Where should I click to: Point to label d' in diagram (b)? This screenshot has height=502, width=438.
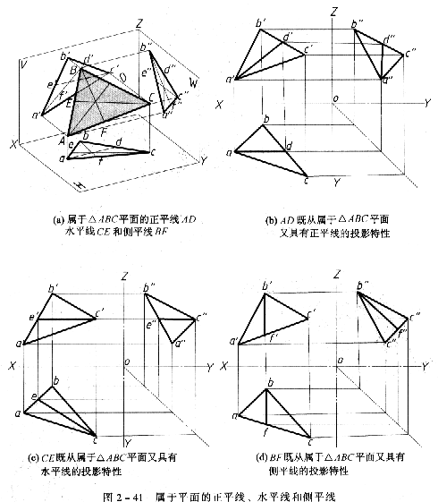[287, 37]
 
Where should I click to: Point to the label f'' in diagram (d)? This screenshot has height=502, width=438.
[404, 332]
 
